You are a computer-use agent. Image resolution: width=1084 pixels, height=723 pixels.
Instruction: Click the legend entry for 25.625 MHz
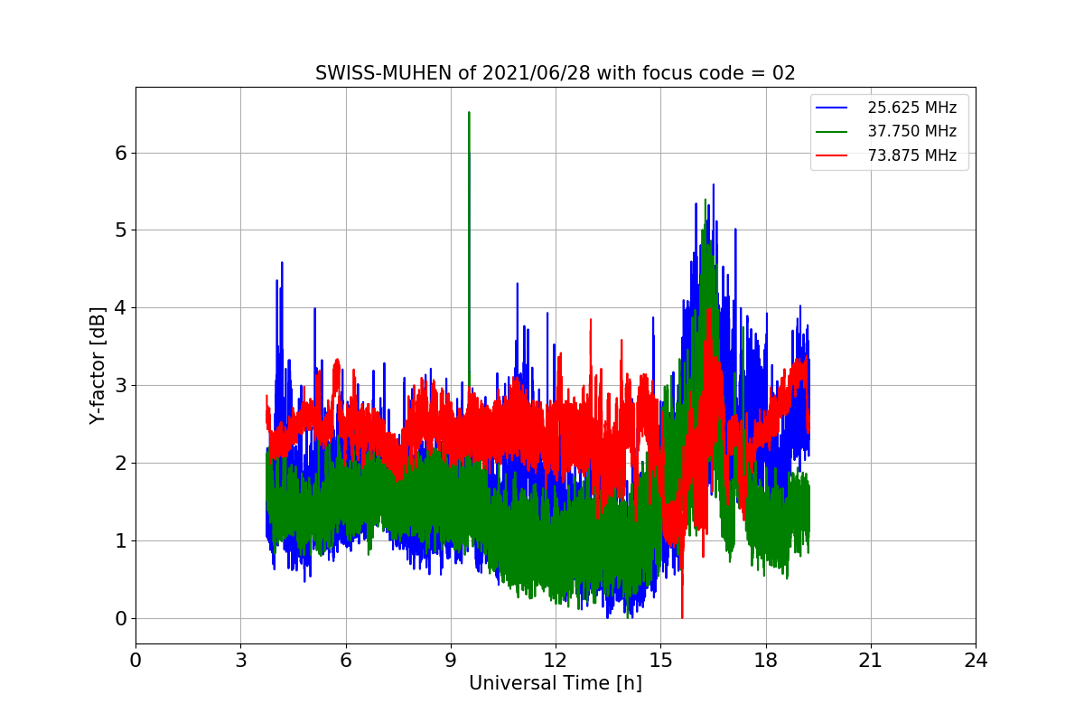pos(911,108)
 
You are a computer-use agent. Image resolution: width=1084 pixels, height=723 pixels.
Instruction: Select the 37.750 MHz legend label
pos(911,131)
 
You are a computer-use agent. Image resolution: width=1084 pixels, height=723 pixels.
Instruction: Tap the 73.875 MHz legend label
pos(911,155)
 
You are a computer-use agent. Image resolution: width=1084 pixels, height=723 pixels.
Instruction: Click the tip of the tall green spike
pos(469,113)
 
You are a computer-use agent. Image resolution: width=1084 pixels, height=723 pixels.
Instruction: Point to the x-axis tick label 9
pos(451,661)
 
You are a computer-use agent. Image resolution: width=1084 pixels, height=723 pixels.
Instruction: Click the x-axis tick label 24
pos(976,661)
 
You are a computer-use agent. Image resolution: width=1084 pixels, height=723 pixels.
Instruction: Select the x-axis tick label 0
pos(135,661)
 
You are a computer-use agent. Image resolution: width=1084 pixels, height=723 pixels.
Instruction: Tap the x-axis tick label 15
pos(660,661)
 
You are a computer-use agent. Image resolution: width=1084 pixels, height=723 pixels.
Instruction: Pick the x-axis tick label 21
pos(871,661)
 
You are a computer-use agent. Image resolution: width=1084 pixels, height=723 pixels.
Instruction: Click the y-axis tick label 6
pos(120,153)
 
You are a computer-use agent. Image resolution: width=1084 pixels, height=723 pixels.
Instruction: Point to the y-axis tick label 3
pos(120,386)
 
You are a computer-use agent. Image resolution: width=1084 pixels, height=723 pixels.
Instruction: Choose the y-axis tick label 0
pos(120,619)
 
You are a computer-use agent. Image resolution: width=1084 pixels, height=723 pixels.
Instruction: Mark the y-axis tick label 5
pos(120,230)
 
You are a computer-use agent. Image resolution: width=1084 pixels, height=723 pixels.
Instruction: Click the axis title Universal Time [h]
pos(555,684)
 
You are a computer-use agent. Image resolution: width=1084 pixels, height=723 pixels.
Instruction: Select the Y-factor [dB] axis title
pos(98,366)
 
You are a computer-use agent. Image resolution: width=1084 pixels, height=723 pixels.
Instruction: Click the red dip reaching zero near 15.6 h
pos(682,616)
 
